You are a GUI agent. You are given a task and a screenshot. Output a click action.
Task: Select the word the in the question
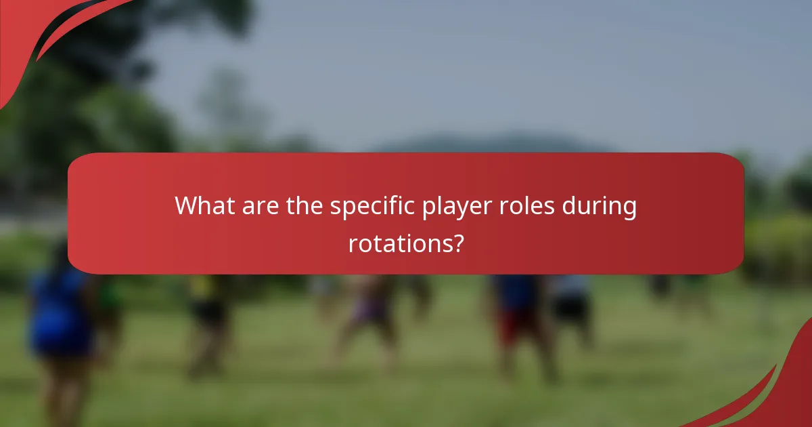point(304,206)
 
